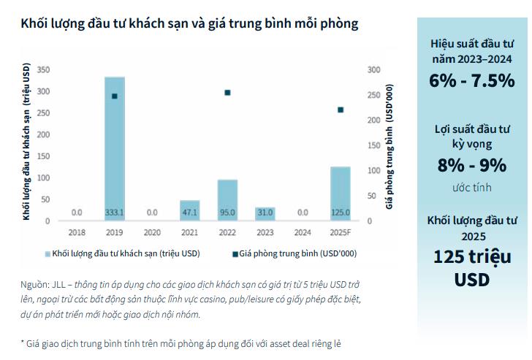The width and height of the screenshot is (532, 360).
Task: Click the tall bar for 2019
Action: tap(114, 146)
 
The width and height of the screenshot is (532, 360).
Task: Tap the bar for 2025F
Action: tap(341, 191)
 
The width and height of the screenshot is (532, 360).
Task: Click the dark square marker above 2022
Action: tap(227, 93)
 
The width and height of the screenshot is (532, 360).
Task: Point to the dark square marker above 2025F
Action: tap(341, 110)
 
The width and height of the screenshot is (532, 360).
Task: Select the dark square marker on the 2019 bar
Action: tap(114, 96)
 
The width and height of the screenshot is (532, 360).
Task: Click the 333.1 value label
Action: tap(114, 212)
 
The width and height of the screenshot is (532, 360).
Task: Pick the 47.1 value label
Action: tap(189, 212)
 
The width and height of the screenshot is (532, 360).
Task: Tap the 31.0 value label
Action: tap(265, 212)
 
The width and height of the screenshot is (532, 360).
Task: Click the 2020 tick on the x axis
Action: tap(152, 232)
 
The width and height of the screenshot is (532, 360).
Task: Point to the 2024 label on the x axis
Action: tap(303, 232)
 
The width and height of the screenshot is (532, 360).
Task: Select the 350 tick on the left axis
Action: tap(43, 69)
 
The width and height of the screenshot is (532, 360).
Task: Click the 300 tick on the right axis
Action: tap(375, 69)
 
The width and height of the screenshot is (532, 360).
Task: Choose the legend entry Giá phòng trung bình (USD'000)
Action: tap(299, 253)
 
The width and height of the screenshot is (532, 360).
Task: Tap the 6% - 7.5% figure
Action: tap(472, 81)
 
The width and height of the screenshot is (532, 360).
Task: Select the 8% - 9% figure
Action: tap(472, 165)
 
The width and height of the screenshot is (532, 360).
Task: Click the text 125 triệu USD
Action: tap(472, 268)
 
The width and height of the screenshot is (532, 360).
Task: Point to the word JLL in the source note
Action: tap(61, 284)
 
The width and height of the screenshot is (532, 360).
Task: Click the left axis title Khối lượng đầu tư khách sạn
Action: tap(26, 142)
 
